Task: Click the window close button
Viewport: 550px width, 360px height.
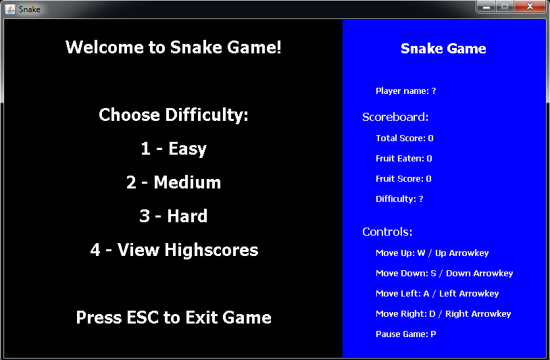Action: [x=529, y=7]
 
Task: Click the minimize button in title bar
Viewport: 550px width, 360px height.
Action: [x=486, y=7]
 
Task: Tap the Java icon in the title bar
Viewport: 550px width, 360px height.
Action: [x=10, y=9]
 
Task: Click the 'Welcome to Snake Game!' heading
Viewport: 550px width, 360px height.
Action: [x=174, y=48]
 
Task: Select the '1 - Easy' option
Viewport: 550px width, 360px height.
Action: [x=174, y=149]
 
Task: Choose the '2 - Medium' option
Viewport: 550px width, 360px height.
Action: [x=174, y=183]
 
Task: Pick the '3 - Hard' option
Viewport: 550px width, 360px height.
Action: [x=174, y=217]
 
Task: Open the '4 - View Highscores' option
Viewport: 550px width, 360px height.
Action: [x=174, y=251]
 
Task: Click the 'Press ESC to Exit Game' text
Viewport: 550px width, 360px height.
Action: [x=174, y=318]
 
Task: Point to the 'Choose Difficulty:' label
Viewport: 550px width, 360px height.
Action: [x=174, y=115]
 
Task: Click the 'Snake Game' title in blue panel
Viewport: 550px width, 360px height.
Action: [x=443, y=49]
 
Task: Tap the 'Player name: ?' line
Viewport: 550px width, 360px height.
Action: [x=406, y=91]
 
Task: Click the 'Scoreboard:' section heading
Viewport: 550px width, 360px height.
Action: [x=395, y=117]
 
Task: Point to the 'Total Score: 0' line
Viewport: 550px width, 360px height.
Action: [x=404, y=138]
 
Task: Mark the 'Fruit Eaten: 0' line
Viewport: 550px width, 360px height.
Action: [x=403, y=159]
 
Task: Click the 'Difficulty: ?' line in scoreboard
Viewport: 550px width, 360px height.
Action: [x=399, y=199]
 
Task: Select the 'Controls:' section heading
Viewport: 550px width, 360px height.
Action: [x=387, y=232]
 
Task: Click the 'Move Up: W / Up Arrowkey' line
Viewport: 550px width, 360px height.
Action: [x=432, y=253]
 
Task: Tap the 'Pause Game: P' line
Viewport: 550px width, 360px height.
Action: [x=405, y=334]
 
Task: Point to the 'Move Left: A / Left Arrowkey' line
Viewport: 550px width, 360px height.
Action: [x=437, y=294]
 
